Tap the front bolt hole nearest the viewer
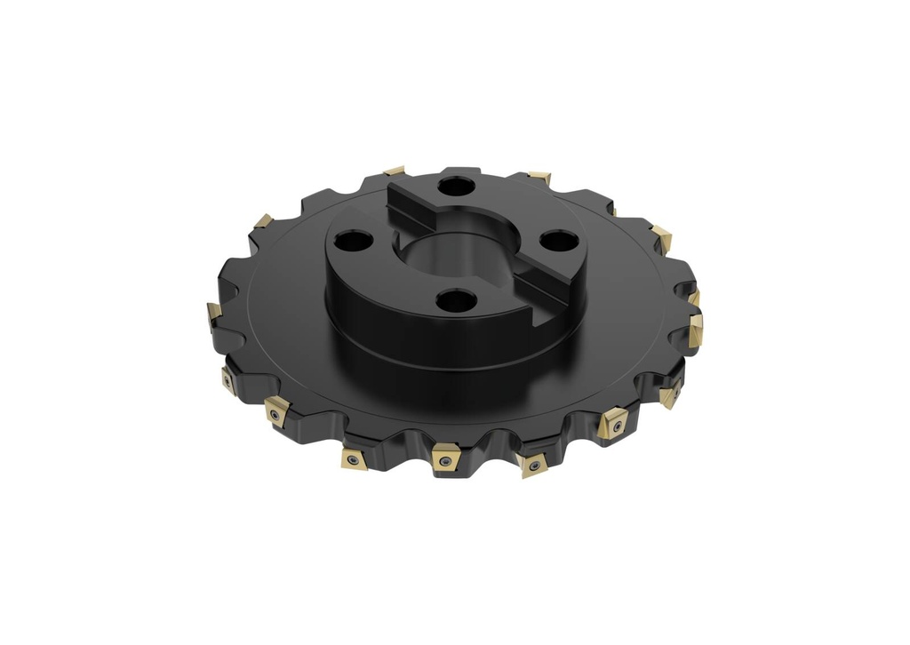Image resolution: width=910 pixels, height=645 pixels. click(x=457, y=300)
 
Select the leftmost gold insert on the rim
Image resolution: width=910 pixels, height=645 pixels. click(x=213, y=312)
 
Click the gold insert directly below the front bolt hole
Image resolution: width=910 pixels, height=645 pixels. click(x=444, y=458)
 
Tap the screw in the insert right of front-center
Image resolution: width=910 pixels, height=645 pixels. click(x=533, y=465)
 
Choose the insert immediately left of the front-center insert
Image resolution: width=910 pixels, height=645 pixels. click(x=354, y=458)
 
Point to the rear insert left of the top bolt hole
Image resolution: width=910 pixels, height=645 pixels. click(x=395, y=170)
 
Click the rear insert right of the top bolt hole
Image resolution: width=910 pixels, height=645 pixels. click(x=539, y=178)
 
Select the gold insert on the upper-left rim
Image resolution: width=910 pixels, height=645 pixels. click(x=262, y=220)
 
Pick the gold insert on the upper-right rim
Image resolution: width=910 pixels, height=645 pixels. click(x=661, y=236)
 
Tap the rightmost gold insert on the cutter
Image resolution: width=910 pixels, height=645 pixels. click(x=696, y=328)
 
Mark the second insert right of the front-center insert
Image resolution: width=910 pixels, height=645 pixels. click(x=613, y=423)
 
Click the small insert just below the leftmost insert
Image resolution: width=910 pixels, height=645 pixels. click(x=228, y=380)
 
